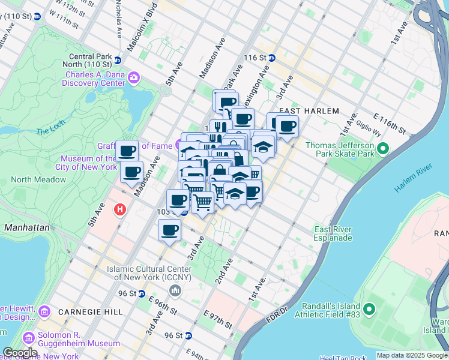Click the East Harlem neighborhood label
309,111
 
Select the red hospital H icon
120,209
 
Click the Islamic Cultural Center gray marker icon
175,291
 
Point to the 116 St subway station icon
271,58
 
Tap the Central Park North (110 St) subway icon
118,60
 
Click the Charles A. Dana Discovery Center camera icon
133,77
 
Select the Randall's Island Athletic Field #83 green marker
369,310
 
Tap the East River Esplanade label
333,233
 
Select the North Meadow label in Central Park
38,179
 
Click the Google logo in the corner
20,353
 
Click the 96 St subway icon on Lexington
141,293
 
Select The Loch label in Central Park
50,131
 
